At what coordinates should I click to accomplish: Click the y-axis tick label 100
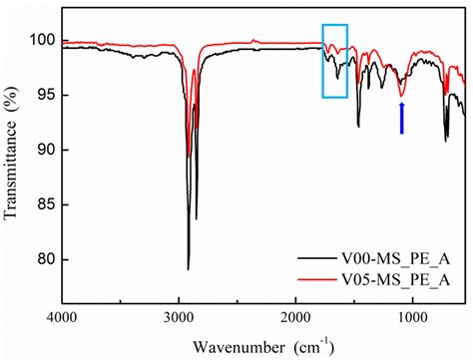(44, 40)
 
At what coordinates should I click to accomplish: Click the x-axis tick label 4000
(63, 318)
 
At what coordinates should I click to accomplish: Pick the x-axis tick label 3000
(179, 318)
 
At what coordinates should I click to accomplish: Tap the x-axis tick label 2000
(295, 318)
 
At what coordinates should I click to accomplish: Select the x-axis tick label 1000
(411, 318)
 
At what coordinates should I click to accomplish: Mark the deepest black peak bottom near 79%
(189, 269)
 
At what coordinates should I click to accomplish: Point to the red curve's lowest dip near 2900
(189, 157)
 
